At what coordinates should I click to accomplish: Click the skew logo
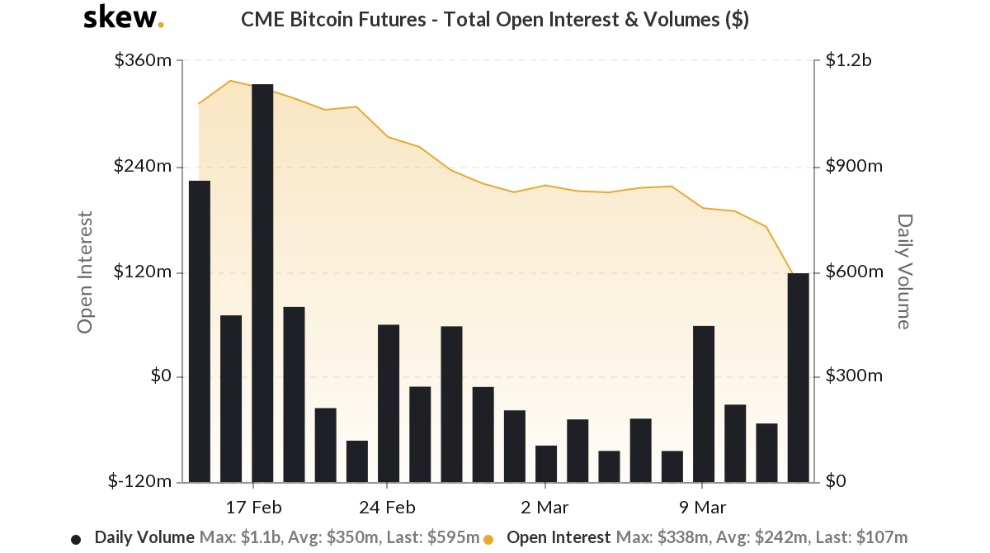[123, 18]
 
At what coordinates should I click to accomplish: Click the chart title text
[494, 20]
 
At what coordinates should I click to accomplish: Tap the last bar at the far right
[798, 377]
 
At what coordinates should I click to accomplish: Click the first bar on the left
[200, 331]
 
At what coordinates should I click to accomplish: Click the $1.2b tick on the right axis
[848, 61]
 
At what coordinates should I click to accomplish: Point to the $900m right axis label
[853, 167]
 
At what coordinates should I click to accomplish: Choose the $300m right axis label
[853, 377]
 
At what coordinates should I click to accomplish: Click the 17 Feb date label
[253, 506]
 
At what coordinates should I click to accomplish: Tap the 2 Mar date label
[545, 506]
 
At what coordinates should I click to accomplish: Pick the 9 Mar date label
[703, 506]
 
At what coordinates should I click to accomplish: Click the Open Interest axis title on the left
[84, 272]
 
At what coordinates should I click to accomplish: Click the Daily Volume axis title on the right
[904, 272]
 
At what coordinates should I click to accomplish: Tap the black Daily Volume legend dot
[76, 539]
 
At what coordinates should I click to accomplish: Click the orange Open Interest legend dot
[488, 539]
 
